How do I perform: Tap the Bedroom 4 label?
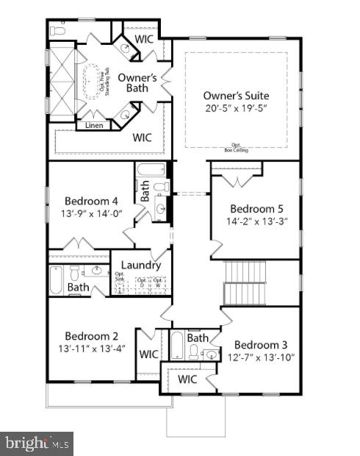90,201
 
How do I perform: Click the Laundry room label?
140,265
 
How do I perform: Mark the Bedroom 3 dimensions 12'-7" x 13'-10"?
262,357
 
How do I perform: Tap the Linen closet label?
93,125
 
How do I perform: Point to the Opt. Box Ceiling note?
235,148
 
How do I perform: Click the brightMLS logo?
37,443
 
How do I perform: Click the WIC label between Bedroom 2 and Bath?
149,354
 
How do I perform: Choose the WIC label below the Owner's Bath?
142,137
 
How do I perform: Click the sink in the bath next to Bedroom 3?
210,355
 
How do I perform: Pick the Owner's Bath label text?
137,82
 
